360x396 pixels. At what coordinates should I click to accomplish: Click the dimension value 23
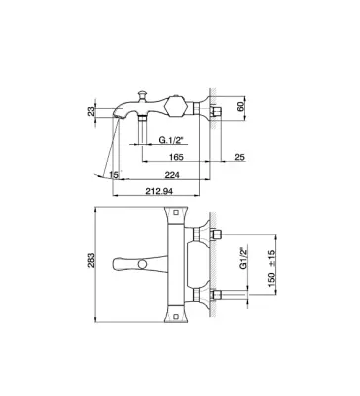coord(91,111)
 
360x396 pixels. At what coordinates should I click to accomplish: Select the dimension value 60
coord(240,107)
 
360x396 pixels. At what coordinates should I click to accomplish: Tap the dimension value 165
coord(176,157)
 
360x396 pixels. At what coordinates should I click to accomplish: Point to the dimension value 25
coord(240,157)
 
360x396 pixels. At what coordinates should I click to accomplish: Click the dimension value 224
coord(172,175)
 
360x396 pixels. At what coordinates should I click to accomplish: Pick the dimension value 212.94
coord(159,191)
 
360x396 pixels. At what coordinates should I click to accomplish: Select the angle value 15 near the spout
coord(114,175)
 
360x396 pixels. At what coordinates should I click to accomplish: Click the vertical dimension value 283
coord(91,260)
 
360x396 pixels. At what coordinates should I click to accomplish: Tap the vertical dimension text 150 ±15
coord(271,268)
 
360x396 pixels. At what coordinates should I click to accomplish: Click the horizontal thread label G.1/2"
coord(171,140)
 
